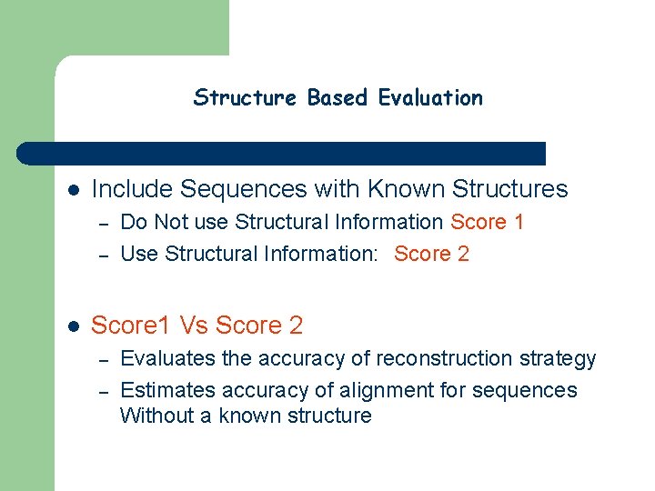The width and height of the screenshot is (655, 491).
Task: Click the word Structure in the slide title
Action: point(245,97)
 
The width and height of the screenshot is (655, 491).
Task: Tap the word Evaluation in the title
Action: point(430,97)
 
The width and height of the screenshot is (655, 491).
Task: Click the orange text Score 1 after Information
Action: point(488,222)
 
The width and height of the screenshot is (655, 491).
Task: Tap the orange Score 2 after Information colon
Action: point(432,254)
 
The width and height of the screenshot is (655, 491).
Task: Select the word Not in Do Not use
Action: point(170,222)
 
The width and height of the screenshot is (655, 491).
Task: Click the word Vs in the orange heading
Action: point(194,325)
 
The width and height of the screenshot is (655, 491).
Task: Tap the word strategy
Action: point(558,359)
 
